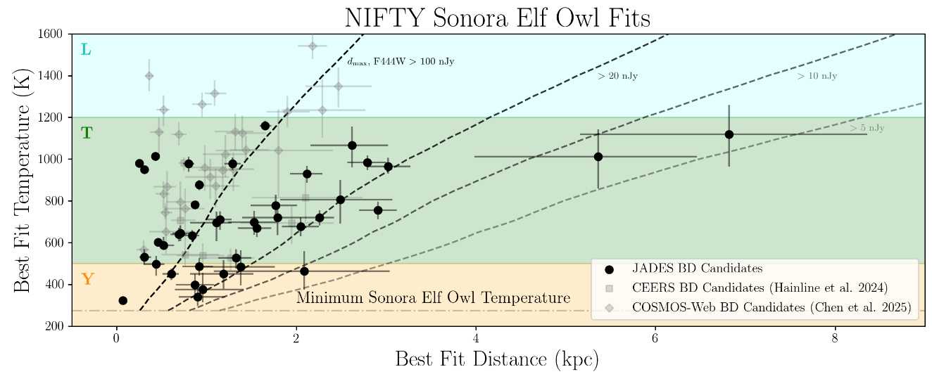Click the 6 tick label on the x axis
[x=655, y=338]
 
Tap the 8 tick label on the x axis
[x=835, y=338]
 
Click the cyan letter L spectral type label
[x=86, y=50]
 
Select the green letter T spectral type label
[x=87, y=133]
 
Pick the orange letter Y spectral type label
[x=87, y=279]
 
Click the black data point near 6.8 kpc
[x=729, y=134]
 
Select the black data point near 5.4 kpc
[x=598, y=157]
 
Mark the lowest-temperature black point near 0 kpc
[x=123, y=300]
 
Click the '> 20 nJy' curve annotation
[x=617, y=76]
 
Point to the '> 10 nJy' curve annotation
[x=817, y=76]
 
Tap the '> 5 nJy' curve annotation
[x=867, y=128]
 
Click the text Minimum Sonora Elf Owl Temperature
[x=433, y=298]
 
